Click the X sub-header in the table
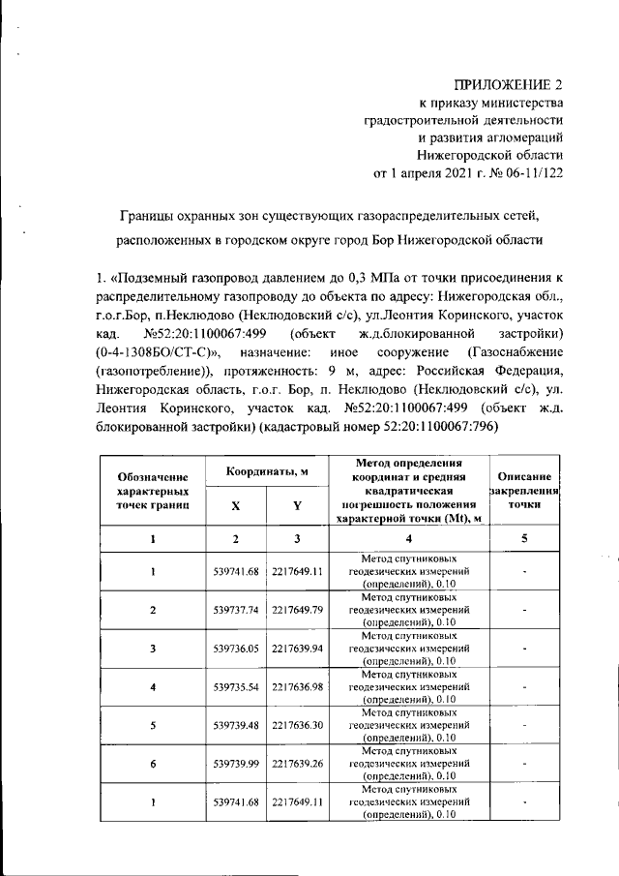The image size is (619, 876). click(236, 504)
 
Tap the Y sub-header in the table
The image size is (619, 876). click(297, 504)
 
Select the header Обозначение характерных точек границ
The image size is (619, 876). click(152, 490)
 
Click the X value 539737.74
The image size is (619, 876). click(236, 610)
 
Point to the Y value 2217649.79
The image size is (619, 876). click(297, 610)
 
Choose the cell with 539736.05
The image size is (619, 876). click(236, 649)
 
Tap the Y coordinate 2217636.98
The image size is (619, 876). click(297, 686)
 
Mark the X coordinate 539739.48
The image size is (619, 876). click(236, 725)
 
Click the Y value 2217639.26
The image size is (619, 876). click(297, 764)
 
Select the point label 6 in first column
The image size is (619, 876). click(152, 764)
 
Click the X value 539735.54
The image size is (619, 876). click(236, 686)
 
